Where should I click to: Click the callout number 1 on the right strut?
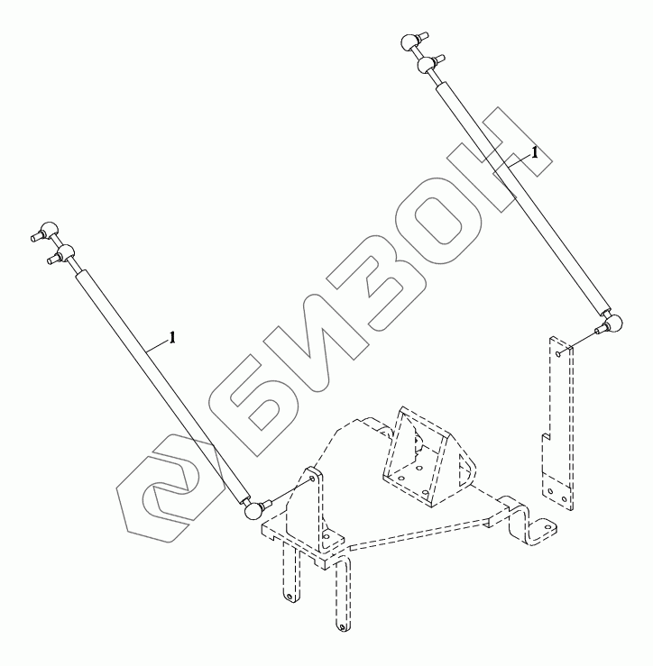pos(535,153)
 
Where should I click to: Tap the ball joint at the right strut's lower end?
pos(612,324)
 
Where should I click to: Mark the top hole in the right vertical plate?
pos(560,355)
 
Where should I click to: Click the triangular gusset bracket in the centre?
pos(421,460)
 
